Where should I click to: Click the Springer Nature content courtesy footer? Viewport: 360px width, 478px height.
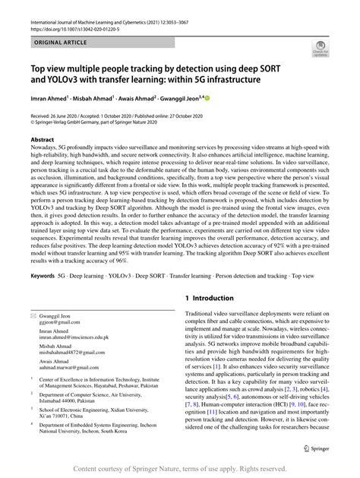(180, 470)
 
